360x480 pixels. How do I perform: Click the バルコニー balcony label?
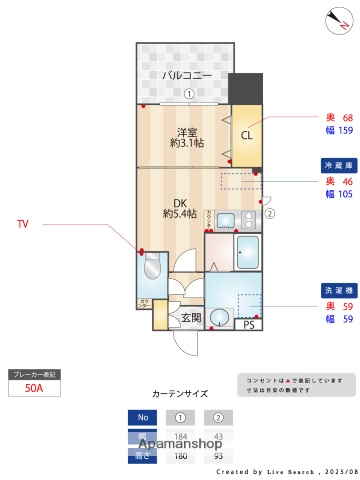(187, 76)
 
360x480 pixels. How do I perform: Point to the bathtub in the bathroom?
(247, 254)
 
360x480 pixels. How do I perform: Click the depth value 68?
(347, 117)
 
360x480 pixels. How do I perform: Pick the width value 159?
(345, 131)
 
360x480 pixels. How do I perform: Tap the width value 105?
(345, 194)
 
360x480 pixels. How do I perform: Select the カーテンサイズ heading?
(180, 394)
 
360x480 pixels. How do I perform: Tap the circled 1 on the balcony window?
(189, 95)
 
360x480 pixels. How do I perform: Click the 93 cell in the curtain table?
(219, 455)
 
